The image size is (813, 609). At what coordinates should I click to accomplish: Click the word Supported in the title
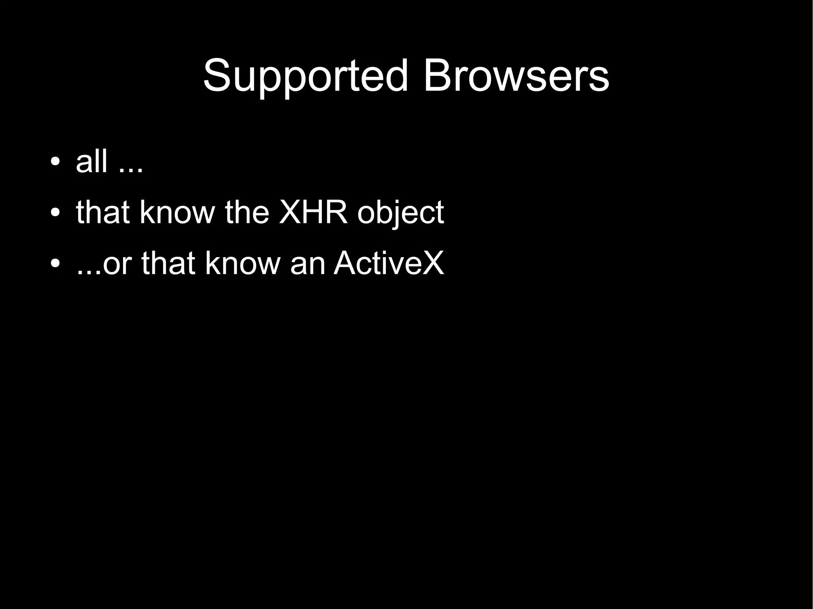305,76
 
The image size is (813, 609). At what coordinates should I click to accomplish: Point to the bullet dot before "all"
55,162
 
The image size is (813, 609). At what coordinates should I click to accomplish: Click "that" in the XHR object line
103,212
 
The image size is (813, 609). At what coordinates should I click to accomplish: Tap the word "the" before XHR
247,212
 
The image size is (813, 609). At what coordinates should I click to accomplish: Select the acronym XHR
313,212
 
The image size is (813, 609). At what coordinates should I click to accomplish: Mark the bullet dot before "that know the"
55,213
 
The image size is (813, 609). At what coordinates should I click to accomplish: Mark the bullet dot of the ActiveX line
55,263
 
